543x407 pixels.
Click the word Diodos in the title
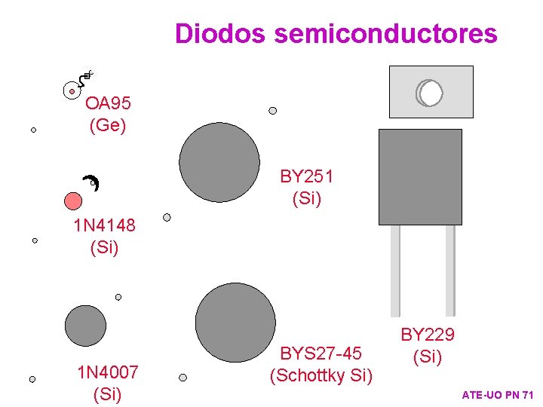click(221, 34)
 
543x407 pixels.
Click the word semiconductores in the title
click(386, 34)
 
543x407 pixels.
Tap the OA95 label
click(108, 103)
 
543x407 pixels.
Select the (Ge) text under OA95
click(108, 125)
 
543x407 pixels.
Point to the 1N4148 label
click(104, 225)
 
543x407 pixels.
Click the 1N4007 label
click(108, 372)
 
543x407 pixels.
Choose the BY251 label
click(307, 177)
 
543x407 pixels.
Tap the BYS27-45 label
click(321, 353)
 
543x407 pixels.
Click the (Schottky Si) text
click(321, 375)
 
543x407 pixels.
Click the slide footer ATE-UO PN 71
click(498, 395)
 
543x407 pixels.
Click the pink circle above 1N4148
click(73, 200)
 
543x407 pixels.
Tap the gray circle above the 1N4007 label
click(85, 326)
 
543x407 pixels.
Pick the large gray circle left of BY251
click(219, 163)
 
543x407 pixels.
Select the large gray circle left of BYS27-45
click(235, 323)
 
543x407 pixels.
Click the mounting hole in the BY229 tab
click(431, 93)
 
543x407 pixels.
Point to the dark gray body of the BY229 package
click(420, 177)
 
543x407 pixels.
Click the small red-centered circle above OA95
click(72, 91)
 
